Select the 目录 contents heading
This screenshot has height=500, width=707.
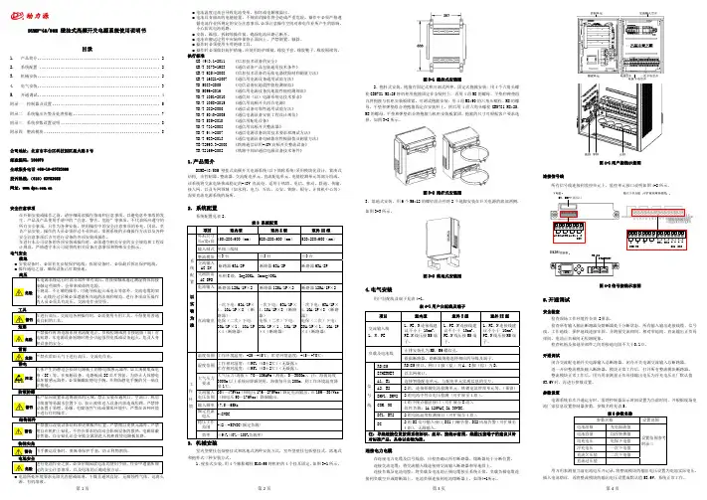tap(88, 47)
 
